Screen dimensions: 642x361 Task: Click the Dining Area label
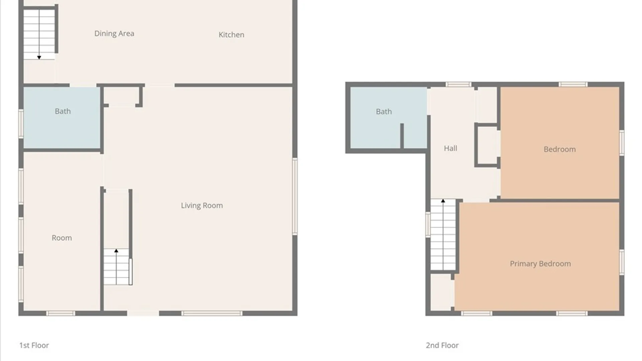click(114, 33)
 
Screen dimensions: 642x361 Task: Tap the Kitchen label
click(231, 35)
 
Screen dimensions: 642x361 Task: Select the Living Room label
click(202, 206)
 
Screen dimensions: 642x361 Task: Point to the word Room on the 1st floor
click(62, 238)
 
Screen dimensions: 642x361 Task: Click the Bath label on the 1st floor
click(63, 111)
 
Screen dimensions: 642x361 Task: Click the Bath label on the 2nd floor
click(384, 112)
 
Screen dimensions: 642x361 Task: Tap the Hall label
click(450, 148)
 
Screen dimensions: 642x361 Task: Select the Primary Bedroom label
click(540, 264)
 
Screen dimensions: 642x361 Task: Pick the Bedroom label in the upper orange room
click(560, 149)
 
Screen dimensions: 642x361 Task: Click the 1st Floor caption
click(34, 345)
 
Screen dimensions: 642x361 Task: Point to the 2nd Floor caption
click(442, 345)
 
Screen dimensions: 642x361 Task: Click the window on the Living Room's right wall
click(295, 196)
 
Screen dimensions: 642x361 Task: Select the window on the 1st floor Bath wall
click(21, 124)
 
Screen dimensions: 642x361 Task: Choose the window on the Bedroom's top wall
click(573, 85)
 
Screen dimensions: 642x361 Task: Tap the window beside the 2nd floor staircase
click(428, 225)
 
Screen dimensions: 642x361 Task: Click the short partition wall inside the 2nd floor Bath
click(402, 136)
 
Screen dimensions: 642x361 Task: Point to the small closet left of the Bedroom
click(487, 145)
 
